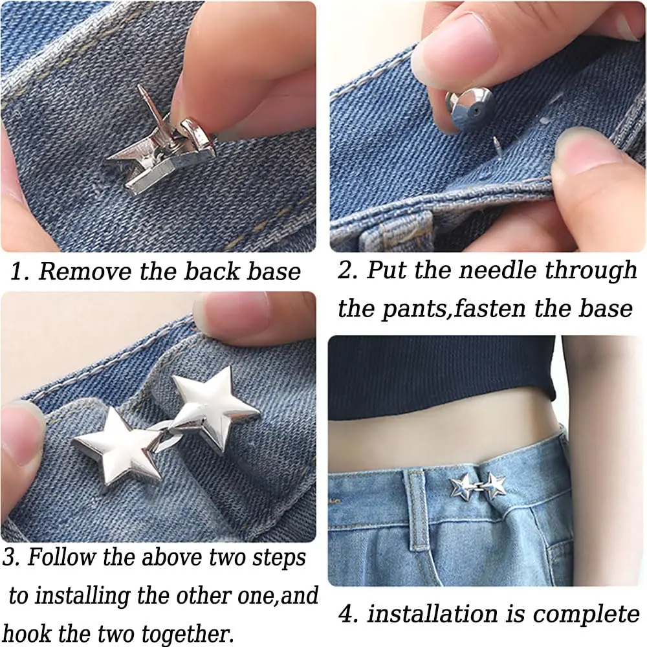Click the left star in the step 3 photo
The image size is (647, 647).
coord(116,444)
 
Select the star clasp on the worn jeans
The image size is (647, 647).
coord(478,485)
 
